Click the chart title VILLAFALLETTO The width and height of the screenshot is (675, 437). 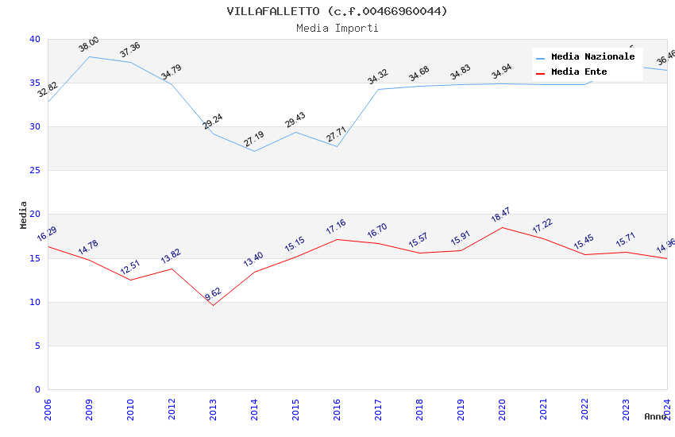[337, 11]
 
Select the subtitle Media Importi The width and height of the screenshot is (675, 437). [337, 28]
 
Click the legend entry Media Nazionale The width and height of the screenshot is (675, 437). [592, 57]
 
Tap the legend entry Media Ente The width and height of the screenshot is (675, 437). [579, 72]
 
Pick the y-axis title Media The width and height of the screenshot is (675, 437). [23, 215]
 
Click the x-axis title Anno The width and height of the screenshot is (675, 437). [655, 416]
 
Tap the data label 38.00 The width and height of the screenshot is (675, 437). [89, 44]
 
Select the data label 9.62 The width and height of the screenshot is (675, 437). [213, 293]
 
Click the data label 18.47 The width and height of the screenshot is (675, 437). [501, 215]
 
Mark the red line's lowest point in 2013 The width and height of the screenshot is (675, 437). [213, 305]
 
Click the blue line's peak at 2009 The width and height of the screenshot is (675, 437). [89, 56]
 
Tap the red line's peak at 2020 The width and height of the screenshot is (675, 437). [502, 227]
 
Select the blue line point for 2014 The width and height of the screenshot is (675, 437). [254, 151]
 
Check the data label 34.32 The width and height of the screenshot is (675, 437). [378, 77]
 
